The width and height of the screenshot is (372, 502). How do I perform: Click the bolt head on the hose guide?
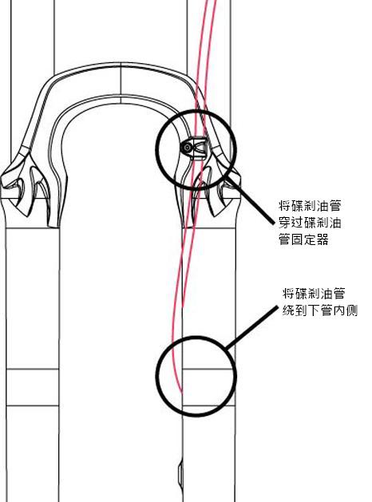(186, 148)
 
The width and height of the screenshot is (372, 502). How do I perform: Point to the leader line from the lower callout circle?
(251, 327)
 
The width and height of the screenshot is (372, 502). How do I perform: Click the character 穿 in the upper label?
(284, 223)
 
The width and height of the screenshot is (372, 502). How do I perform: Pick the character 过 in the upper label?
(297, 223)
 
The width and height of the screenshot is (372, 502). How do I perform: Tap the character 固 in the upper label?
(297, 239)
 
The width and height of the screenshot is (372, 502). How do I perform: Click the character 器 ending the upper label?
(323, 239)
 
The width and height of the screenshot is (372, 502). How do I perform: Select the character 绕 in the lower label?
(288, 310)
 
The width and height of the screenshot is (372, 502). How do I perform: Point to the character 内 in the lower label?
(339, 310)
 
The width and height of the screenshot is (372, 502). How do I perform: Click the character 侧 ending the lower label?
(351, 310)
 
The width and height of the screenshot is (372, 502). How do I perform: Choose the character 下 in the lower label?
(314, 310)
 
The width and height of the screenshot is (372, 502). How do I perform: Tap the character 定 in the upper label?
(310, 239)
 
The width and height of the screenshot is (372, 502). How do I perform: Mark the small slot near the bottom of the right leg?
(180, 474)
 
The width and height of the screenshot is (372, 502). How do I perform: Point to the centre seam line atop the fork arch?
(121, 83)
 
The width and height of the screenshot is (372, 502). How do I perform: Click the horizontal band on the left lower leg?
(33, 387)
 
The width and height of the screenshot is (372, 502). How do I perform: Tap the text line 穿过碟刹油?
(310, 223)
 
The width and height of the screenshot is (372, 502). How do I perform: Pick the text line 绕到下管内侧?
(320, 310)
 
